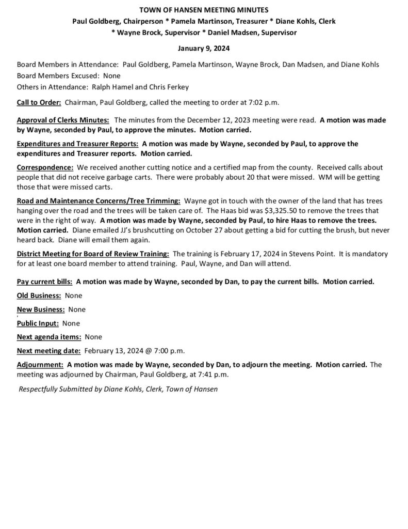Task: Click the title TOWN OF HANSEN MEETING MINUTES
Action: (x=204, y=10)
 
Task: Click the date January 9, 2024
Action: (x=204, y=49)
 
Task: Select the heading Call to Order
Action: (x=40, y=102)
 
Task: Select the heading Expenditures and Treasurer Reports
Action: (x=77, y=144)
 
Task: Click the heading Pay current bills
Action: (x=44, y=282)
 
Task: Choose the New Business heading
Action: (x=41, y=309)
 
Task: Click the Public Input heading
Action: (x=38, y=323)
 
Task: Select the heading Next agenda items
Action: (x=49, y=337)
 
